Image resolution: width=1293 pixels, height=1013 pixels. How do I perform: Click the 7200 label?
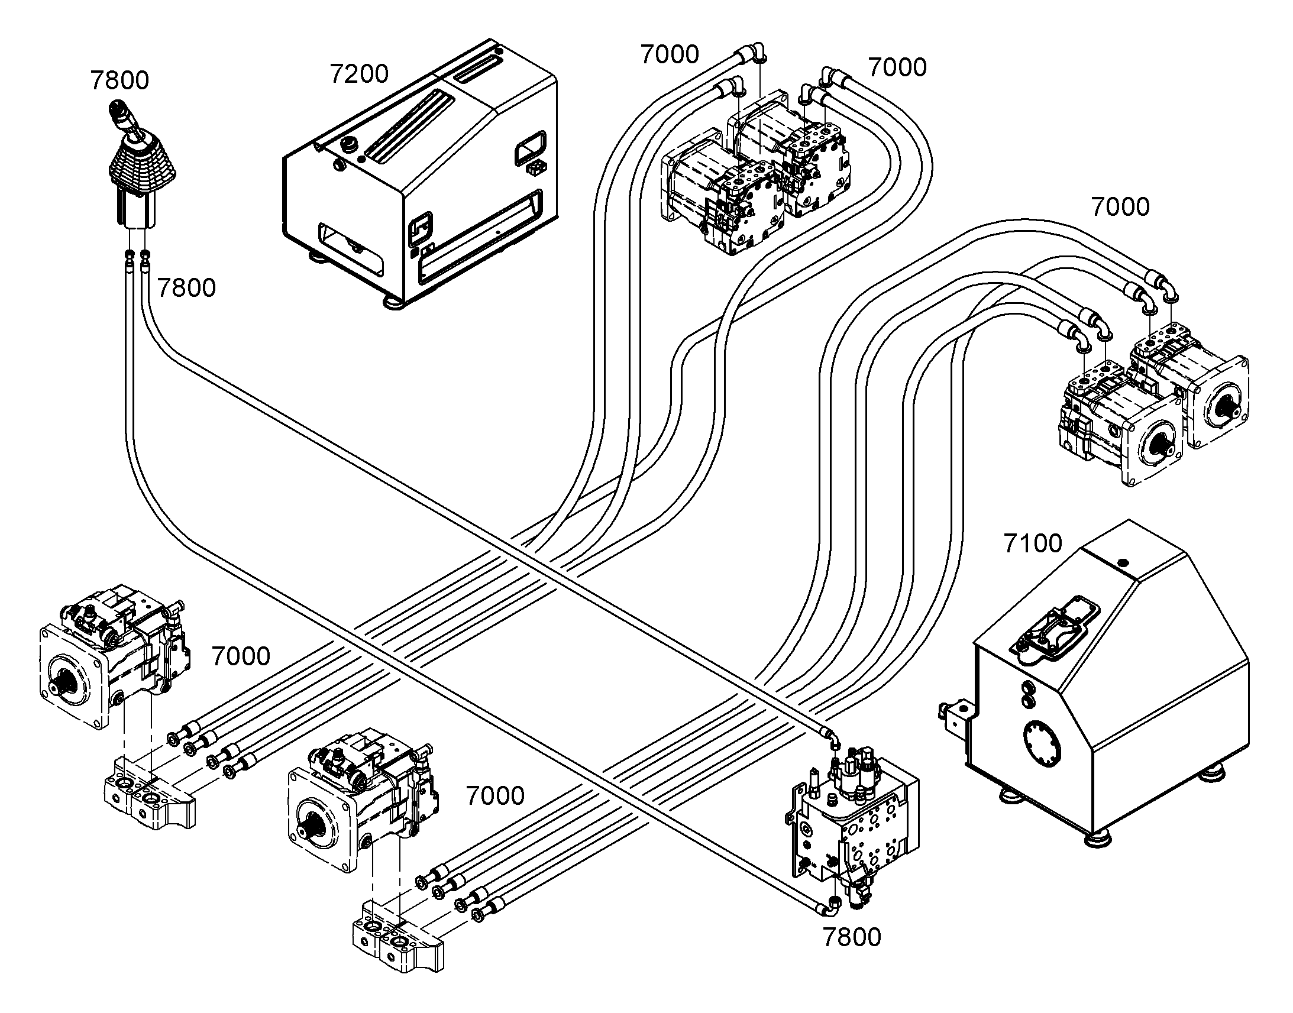click(x=359, y=74)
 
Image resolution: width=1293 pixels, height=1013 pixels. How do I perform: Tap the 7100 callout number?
click(x=1033, y=543)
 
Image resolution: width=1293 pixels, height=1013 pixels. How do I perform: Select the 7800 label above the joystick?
click(x=119, y=80)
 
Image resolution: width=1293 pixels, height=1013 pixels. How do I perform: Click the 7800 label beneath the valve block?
click(x=852, y=938)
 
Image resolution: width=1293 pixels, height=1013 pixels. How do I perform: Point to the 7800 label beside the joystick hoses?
click(x=186, y=288)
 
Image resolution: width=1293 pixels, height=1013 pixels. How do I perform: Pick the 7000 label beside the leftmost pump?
click(x=241, y=656)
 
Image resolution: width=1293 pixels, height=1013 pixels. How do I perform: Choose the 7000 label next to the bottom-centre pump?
click(x=495, y=796)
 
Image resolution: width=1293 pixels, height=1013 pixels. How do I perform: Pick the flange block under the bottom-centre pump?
click(x=397, y=940)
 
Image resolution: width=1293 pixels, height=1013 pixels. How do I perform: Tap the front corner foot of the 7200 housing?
click(x=393, y=302)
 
